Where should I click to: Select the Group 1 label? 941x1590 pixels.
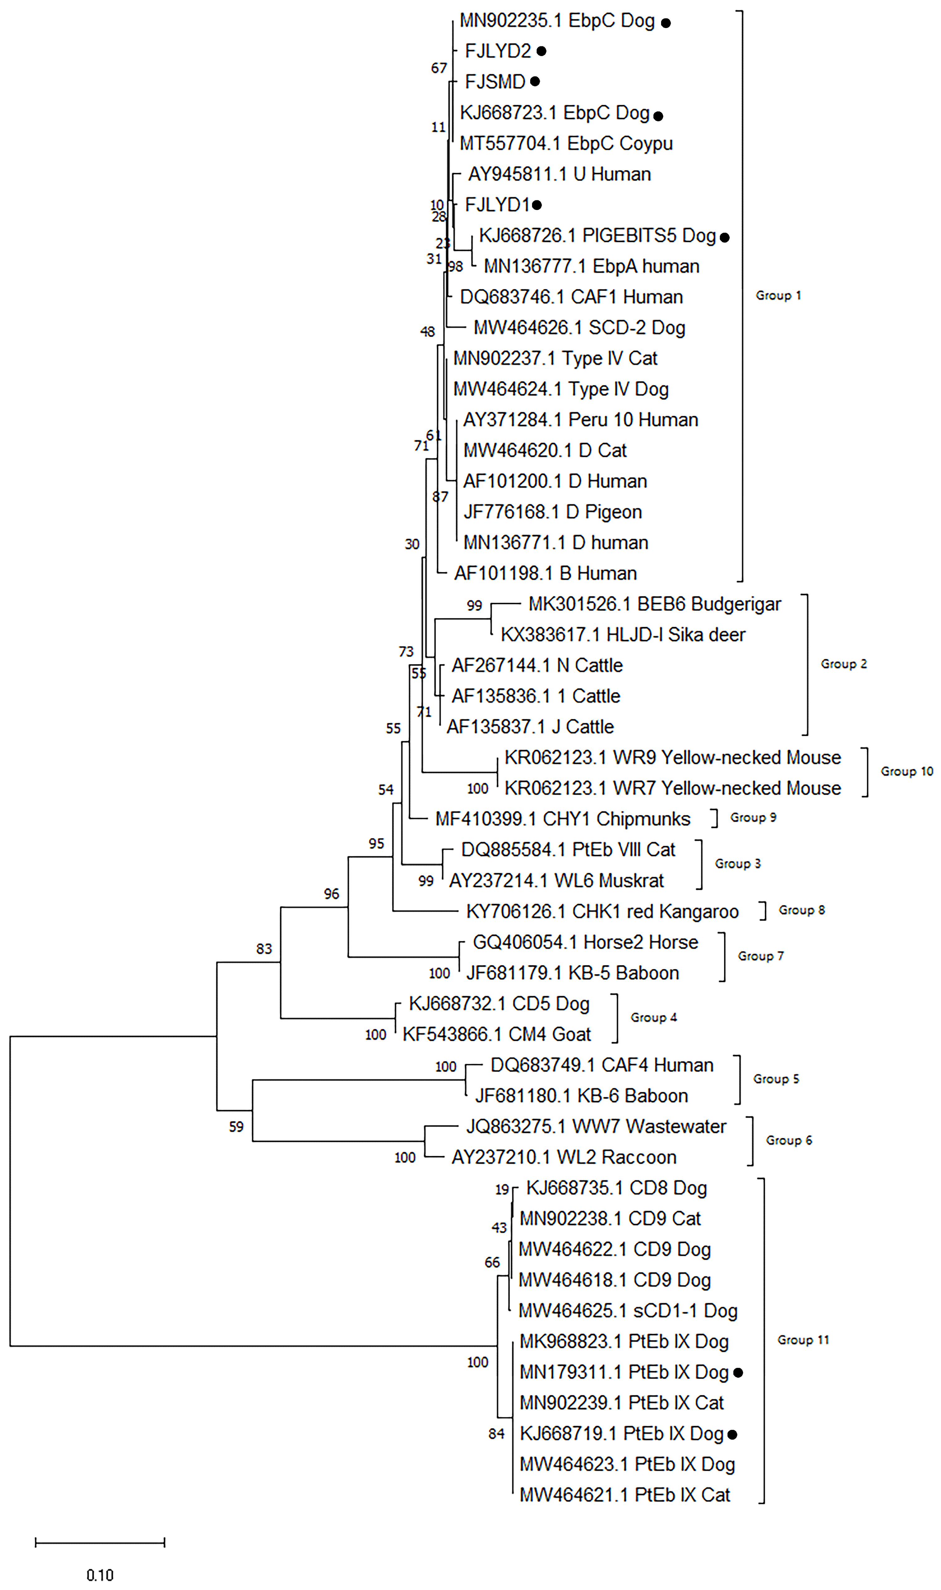(778, 295)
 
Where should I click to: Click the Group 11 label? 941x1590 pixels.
(803, 1340)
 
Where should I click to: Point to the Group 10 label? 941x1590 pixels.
(906, 771)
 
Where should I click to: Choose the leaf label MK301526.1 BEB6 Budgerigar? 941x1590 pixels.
(654, 604)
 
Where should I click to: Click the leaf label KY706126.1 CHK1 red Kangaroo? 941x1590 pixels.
(602, 911)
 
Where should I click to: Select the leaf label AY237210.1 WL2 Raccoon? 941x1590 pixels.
(564, 1157)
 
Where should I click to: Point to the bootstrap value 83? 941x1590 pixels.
(264, 949)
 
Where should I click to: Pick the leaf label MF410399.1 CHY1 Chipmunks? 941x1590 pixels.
(562, 819)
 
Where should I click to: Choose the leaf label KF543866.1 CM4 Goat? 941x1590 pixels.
(497, 1034)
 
